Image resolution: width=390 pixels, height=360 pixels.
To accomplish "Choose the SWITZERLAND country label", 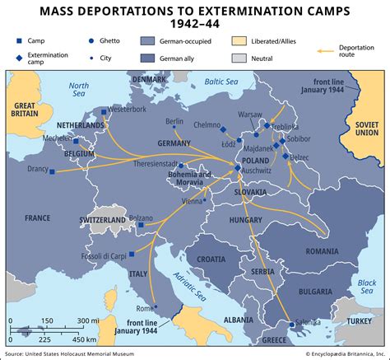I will [100, 221].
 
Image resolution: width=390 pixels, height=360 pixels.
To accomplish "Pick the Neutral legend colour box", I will [239, 58].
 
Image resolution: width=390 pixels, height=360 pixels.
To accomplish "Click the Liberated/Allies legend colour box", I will [239, 40].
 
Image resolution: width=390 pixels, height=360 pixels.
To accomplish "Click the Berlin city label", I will [174, 121].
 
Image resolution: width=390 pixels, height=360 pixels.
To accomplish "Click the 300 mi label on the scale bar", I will [89, 320].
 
